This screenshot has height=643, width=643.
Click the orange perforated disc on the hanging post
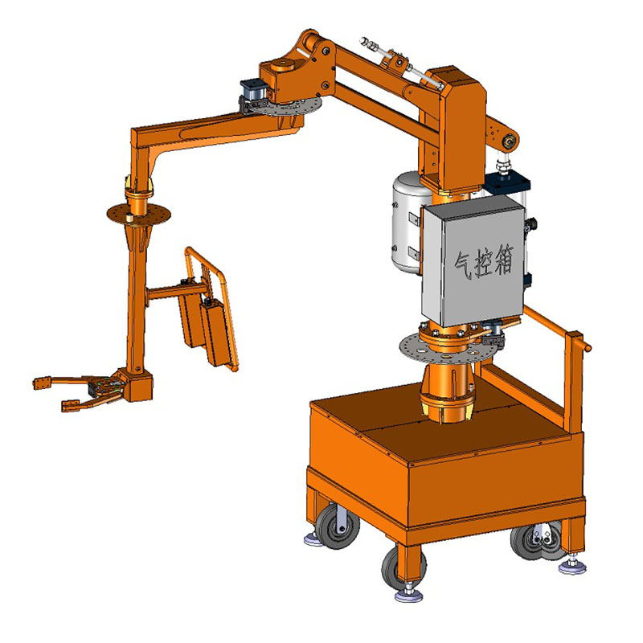point(138,213)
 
